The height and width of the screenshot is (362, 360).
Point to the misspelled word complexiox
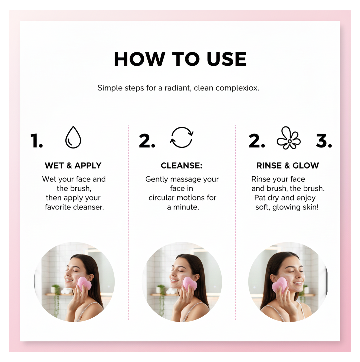[237, 88]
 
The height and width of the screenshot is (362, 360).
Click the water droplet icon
[73, 137]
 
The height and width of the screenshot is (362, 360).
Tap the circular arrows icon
[182, 137]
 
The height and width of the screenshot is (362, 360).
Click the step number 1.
[37, 141]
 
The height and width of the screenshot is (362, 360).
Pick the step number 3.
[324, 141]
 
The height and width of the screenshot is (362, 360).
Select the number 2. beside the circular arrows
[147, 141]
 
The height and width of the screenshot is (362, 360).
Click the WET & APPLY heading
[73, 165]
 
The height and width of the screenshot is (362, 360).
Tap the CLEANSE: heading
[181, 165]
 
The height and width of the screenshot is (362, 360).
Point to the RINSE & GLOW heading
[288, 165]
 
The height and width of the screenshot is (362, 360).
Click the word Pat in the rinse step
[260, 198]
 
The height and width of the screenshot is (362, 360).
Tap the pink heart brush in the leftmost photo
[84, 284]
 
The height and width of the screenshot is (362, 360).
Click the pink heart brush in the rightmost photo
[279, 285]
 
